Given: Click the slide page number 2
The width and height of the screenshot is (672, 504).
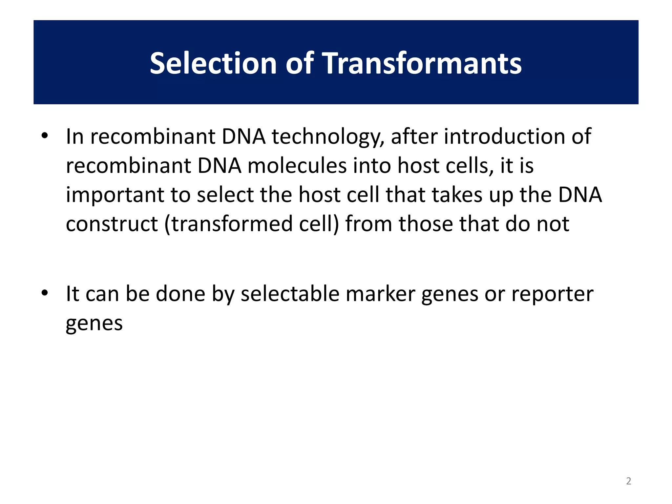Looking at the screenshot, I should [628, 481].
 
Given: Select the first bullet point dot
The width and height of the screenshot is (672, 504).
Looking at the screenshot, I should [45, 136].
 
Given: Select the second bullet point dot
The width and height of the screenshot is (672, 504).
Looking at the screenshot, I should [45, 293].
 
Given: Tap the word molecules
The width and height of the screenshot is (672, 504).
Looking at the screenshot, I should [297, 166].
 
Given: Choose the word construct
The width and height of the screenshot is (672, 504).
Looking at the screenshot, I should [112, 224].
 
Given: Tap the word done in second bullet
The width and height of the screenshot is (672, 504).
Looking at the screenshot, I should [180, 294].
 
